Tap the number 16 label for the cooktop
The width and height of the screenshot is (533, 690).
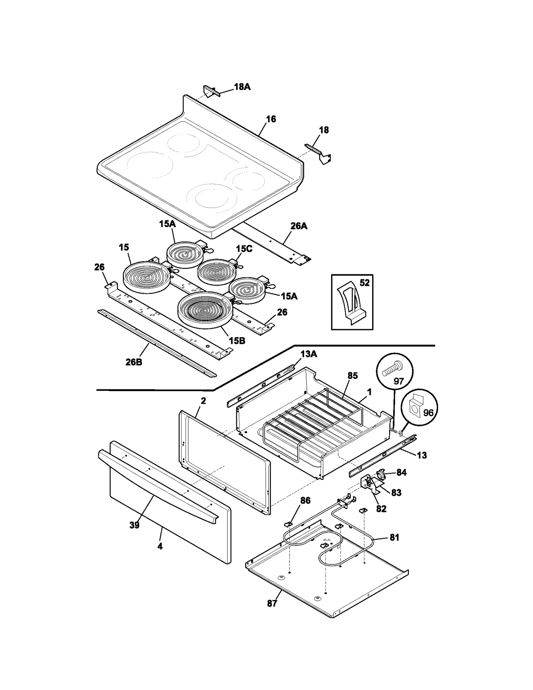pos(271,119)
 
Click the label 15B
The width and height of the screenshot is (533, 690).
pos(237,341)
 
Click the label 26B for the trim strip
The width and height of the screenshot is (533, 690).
pos(134,362)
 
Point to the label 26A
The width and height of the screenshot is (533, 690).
pos(299,226)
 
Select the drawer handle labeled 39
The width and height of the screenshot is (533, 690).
pos(157,480)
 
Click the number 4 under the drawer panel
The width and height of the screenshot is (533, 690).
pos(160,546)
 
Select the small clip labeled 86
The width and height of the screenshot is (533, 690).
pos(288,524)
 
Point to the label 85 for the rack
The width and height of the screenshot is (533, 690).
pos(352,375)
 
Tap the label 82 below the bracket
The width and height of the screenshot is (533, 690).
pos(381,508)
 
